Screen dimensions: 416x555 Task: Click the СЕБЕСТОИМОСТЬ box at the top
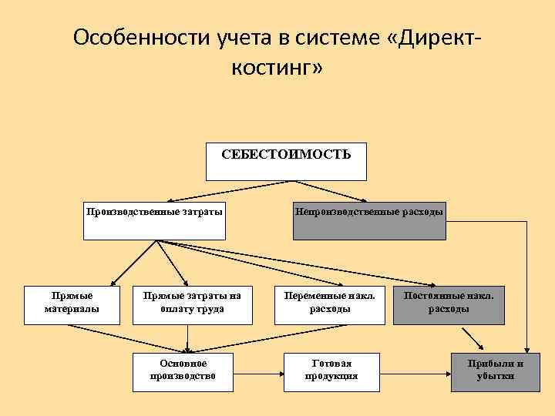click(287, 160)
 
